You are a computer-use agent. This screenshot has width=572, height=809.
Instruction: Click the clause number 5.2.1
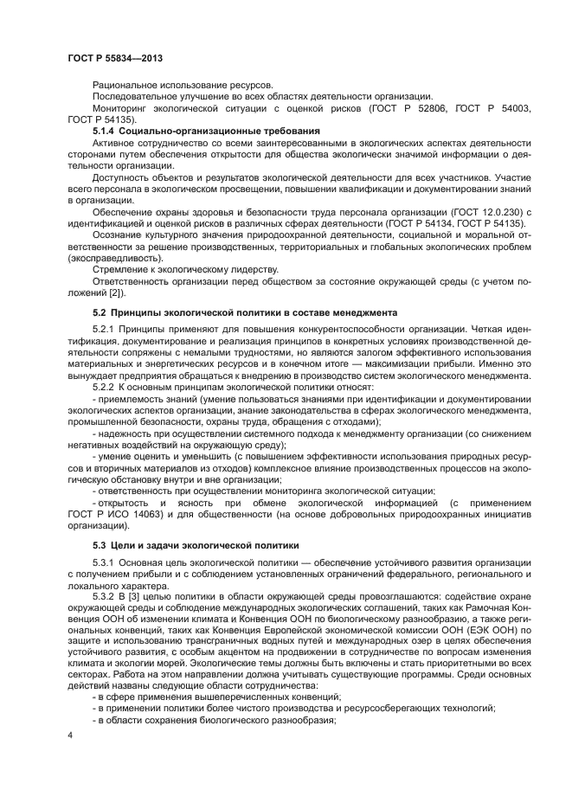tap(105, 331)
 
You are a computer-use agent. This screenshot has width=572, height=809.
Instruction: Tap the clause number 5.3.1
tap(105, 564)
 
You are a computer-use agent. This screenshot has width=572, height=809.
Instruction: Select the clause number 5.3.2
tap(105, 597)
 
